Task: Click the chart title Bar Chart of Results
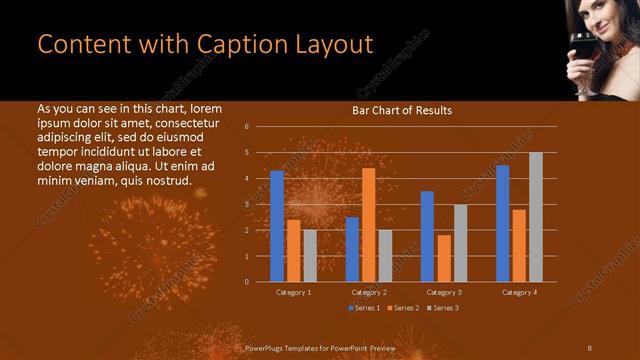(402, 110)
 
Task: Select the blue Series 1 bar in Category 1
(277, 226)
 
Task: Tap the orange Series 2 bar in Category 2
(368, 225)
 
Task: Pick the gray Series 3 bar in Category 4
(536, 217)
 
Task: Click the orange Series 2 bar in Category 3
(444, 258)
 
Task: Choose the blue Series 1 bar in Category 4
(503, 223)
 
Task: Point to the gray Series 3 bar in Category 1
(309, 256)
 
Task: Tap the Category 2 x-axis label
(369, 292)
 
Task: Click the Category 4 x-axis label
(519, 292)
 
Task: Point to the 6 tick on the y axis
(246, 127)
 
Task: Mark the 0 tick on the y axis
(246, 282)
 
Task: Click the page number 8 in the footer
(590, 347)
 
